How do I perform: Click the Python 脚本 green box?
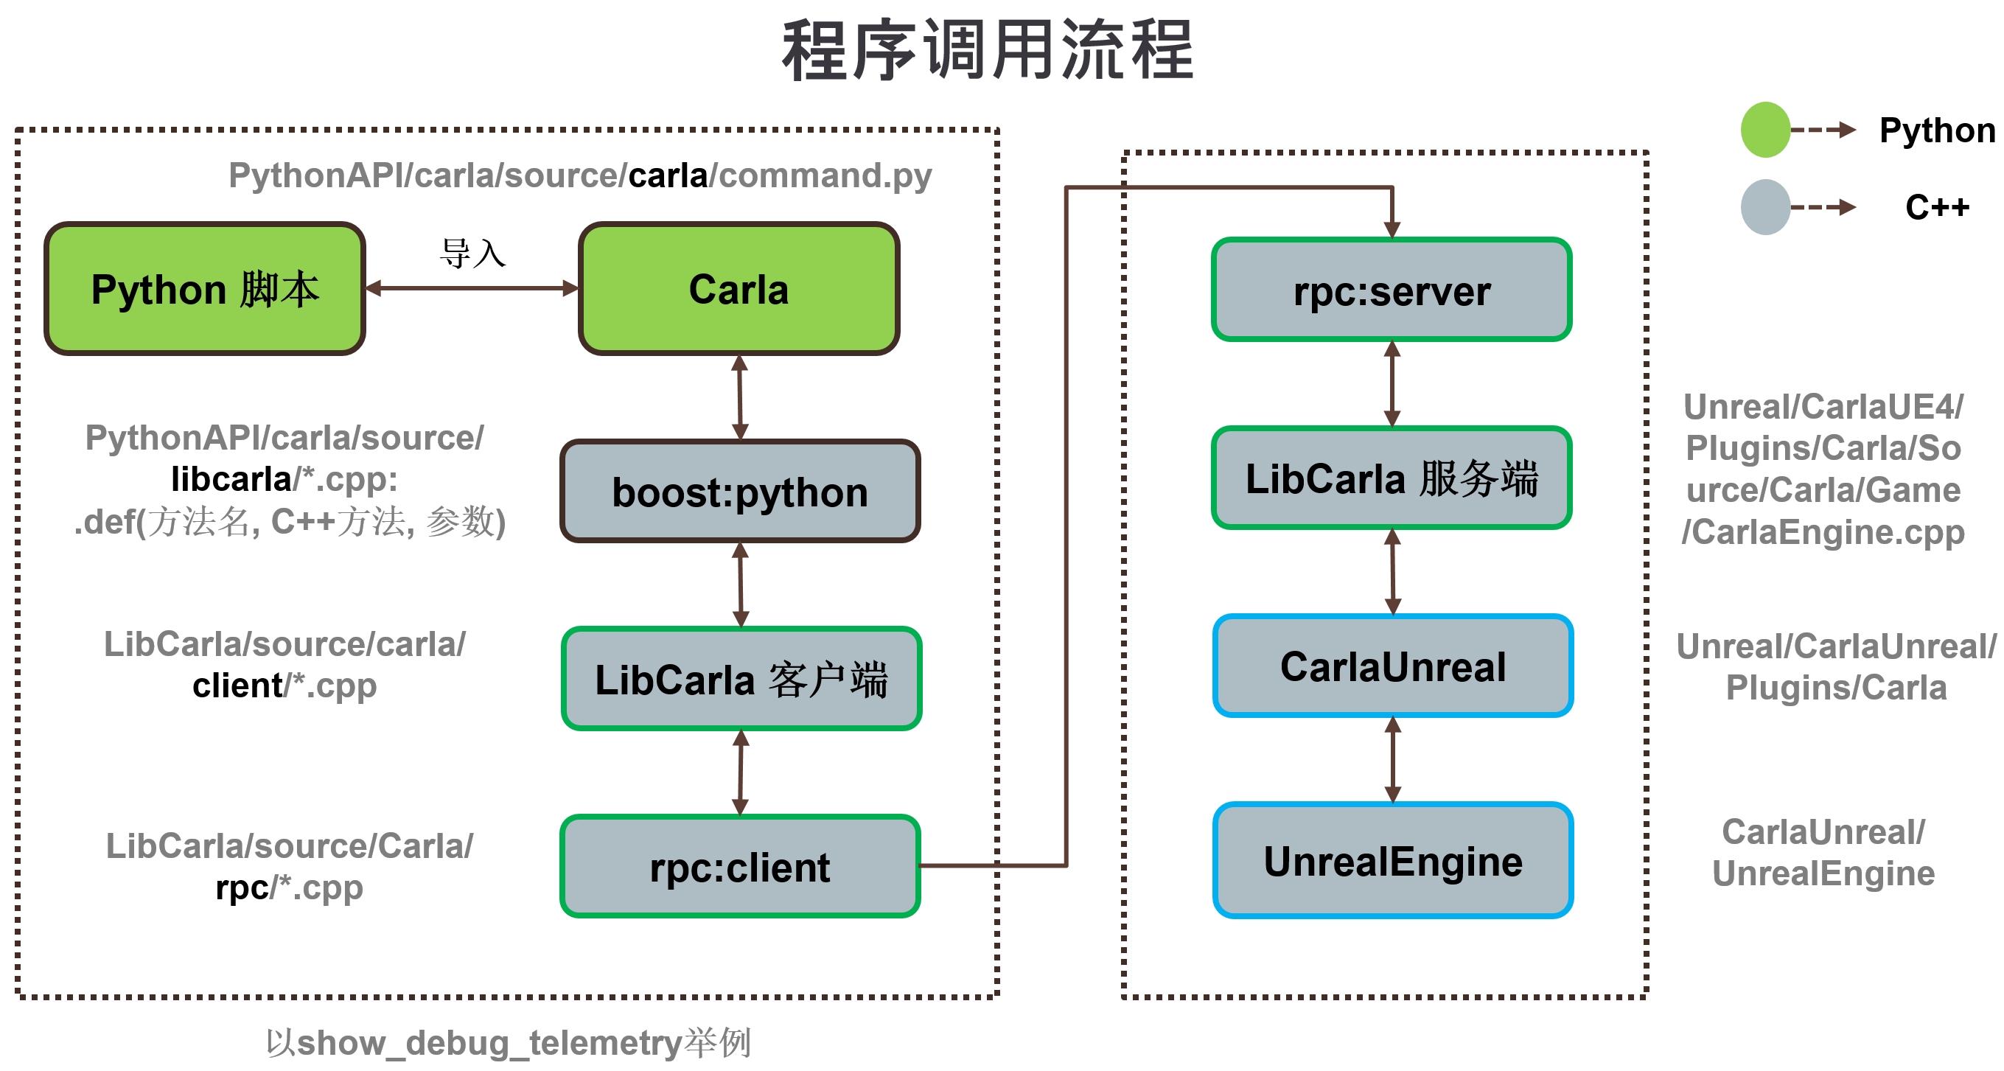click(205, 288)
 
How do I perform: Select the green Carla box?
click(739, 288)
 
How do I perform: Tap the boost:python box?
click(739, 492)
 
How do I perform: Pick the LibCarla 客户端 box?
click(741, 679)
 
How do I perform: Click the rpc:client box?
click(739, 866)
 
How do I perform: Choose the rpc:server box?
click(1391, 290)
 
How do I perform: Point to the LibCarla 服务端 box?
click(1391, 478)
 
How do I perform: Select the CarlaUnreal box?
click(1392, 666)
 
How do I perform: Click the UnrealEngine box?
click(1392, 860)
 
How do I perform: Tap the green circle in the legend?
click(1764, 130)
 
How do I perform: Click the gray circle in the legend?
click(1764, 207)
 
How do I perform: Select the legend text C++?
click(1936, 207)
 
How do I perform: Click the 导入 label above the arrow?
click(472, 254)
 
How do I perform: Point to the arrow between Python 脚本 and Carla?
click(472, 288)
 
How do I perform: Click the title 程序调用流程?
click(988, 51)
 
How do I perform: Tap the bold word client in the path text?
click(237, 686)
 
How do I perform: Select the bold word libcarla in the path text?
click(231, 479)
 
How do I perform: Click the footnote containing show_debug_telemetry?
click(507, 1042)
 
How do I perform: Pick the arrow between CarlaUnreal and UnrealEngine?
click(1392, 759)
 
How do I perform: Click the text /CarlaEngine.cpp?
click(1823, 532)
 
